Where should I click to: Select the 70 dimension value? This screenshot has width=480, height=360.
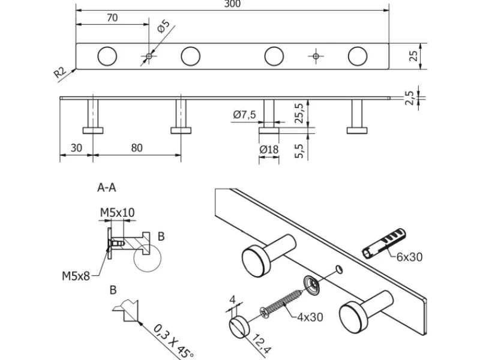point(112,18)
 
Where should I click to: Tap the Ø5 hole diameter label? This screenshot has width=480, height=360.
point(164,28)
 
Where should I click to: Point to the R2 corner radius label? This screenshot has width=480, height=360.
point(59,73)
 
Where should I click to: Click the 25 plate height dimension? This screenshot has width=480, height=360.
point(413,56)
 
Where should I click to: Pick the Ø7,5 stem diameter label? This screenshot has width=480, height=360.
point(245,114)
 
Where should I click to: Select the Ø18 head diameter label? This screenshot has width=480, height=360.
point(268,149)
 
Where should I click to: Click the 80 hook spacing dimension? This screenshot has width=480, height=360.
point(137,148)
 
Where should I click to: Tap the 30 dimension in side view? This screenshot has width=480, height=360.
point(76,148)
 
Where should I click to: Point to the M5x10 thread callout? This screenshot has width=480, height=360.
point(117,212)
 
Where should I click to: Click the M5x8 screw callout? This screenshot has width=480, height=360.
point(76,277)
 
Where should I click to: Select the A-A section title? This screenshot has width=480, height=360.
point(107,188)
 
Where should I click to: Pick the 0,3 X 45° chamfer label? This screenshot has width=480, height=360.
point(175,340)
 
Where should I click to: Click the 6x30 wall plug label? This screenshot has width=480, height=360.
point(410,257)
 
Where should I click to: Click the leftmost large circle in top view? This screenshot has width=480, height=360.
point(107,56)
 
